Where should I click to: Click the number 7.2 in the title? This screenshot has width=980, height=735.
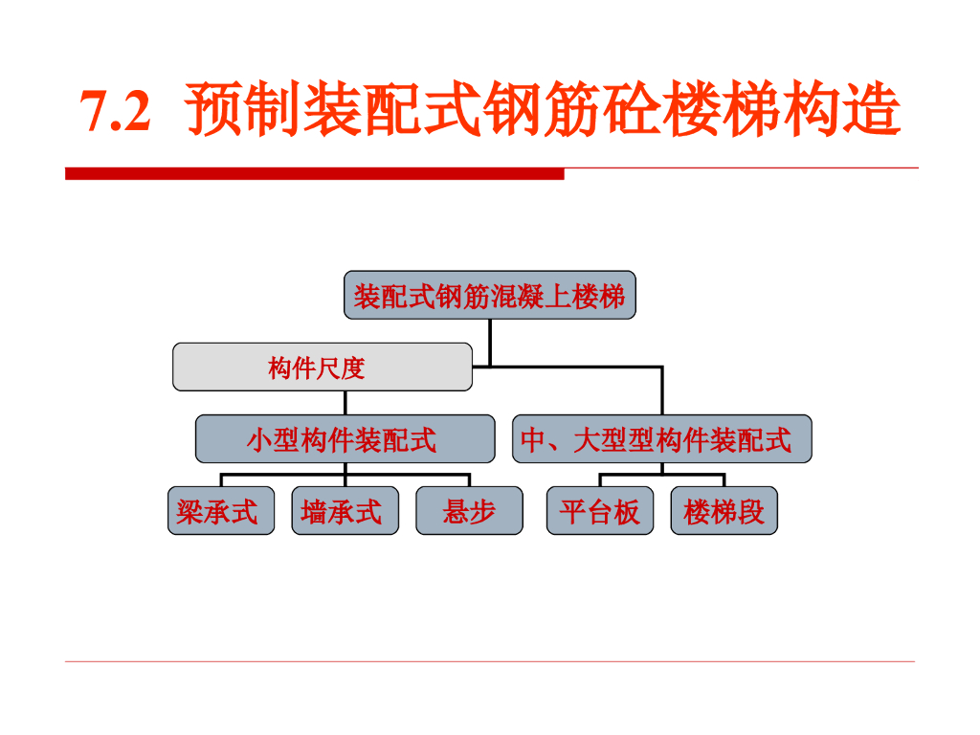click(x=116, y=112)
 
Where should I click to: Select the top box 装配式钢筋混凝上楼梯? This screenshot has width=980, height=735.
click(x=489, y=296)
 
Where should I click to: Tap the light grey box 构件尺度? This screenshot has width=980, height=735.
click(x=323, y=367)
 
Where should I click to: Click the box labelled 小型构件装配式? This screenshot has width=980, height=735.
click(x=345, y=439)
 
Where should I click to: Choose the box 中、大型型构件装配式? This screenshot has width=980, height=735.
click(x=661, y=439)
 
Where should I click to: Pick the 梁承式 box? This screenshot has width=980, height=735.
click(x=221, y=511)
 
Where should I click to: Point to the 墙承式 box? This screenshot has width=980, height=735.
click(x=345, y=511)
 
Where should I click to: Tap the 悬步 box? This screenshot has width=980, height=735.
click(x=469, y=511)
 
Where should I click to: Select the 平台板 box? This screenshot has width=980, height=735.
click(x=600, y=511)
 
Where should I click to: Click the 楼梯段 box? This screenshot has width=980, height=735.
click(x=724, y=511)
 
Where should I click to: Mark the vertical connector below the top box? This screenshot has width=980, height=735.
click(x=490, y=341)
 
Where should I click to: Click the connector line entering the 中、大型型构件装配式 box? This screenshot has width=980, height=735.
click(x=661, y=392)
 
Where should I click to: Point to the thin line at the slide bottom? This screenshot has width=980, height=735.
click(x=490, y=661)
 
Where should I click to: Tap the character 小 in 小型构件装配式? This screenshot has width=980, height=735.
click(x=259, y=440)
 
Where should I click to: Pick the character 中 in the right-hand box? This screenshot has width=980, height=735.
click(x=532, y=440)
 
